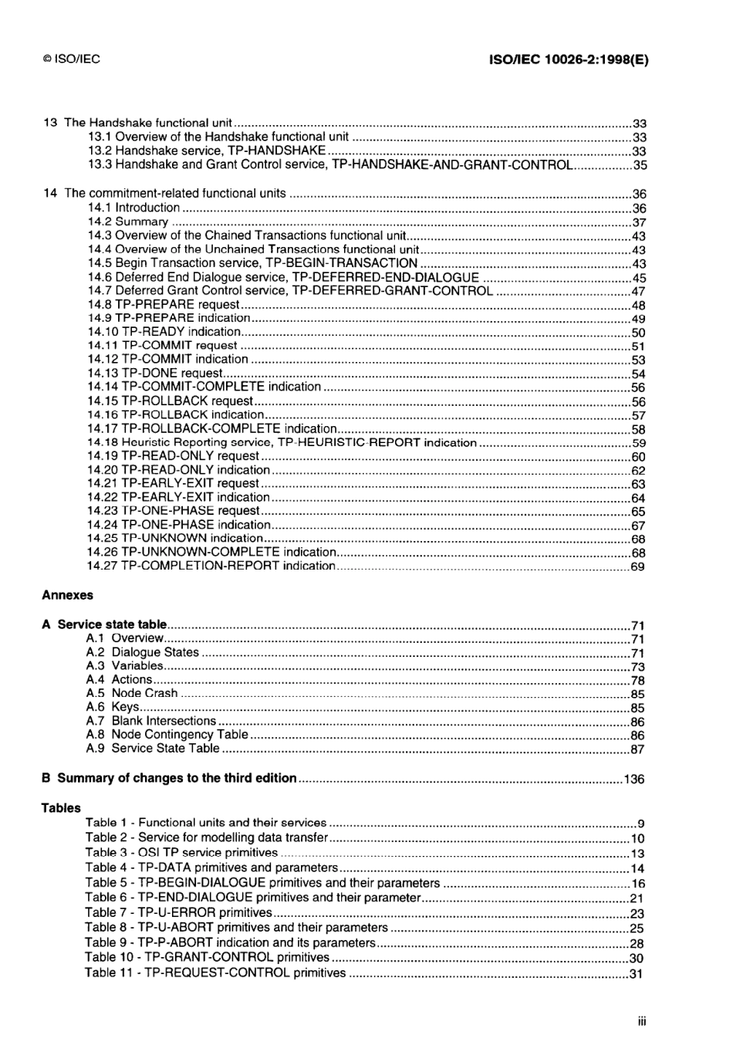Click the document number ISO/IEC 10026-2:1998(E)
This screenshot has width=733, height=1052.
tap(569, 59)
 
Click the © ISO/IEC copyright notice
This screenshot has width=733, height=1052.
tap(72, 59)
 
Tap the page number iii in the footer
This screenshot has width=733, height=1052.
tap(642, 1022)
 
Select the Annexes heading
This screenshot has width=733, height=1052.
tap(67, 595)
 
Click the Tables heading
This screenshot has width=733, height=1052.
tap(61, 808)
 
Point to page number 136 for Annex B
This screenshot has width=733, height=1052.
tap(633, 780)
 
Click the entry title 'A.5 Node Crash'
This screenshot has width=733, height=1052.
tap(132, 693)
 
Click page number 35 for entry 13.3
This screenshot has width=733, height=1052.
tap(640, 165)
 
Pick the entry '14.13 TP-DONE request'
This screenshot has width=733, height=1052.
tap(155, 374)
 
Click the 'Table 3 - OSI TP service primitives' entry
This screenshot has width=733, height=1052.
tap(181, 853)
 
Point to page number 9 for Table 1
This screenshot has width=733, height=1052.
tap(641, 824)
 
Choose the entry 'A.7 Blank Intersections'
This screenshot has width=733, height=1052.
tap(150, 721)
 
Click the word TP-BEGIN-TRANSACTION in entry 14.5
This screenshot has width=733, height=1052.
tap(341, 263)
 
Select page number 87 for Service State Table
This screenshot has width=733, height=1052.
tap(637, 749)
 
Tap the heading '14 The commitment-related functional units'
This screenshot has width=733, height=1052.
tap(164, 193)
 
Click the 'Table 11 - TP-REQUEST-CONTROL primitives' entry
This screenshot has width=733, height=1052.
tap(215, 973)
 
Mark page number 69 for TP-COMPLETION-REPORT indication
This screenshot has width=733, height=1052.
tap(638, 567)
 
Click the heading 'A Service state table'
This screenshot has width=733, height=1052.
tap(104, 624)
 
